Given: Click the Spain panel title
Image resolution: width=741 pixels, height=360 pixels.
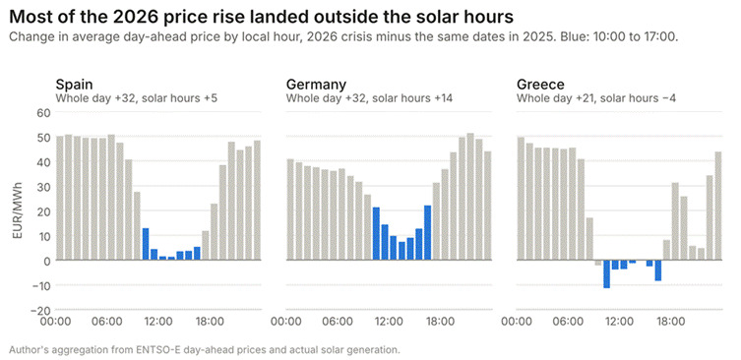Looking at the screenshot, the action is tap(74, 85).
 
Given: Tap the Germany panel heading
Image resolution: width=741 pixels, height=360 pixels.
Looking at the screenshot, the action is tap(316, 85).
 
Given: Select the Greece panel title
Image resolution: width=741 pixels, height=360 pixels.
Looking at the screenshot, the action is tap(540, 85).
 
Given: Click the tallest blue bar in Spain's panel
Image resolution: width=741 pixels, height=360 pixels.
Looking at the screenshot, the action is tap(146, 244).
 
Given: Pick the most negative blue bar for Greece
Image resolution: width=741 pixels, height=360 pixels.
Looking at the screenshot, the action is tap(606, 274).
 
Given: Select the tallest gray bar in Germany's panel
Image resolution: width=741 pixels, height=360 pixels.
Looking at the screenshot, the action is tap(470, 197).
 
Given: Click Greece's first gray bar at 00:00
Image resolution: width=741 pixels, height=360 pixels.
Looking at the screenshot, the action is tap(521, 199).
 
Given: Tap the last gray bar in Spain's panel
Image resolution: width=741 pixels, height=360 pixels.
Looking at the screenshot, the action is tap(257, 200).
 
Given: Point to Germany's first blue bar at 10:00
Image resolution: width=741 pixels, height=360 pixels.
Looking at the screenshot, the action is tap(376, 233).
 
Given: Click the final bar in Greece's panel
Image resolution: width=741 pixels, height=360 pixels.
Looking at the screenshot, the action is tap(718, 206).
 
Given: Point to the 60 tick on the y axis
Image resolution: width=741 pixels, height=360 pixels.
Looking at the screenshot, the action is tap(43, 112).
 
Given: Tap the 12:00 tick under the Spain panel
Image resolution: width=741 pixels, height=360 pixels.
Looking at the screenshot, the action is tap(157, 322).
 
